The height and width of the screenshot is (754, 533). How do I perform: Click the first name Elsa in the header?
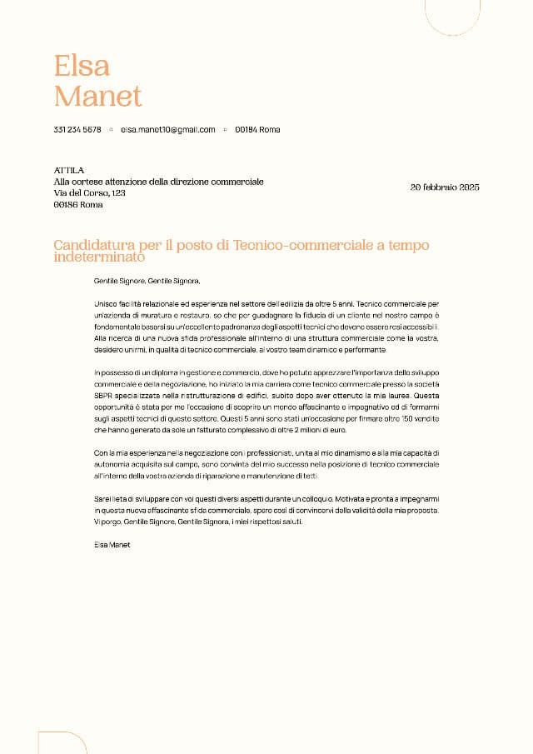[82, 65]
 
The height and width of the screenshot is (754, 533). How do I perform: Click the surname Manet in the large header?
[97, 96]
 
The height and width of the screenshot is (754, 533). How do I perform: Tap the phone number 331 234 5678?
[77, 130]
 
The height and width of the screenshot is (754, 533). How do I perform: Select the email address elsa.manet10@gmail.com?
[167, 130]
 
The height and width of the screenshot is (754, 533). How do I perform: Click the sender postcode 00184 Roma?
[257, 130]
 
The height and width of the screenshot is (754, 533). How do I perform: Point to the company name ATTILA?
[68, 170]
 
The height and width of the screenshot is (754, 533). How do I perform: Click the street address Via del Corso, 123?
[89, 192]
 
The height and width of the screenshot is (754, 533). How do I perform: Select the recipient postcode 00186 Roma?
[78, 204]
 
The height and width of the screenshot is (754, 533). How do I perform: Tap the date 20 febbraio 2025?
[445, 187]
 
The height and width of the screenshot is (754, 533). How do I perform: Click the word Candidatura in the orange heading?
[98, 245]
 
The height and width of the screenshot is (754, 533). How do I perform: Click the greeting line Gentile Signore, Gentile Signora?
[147, 282]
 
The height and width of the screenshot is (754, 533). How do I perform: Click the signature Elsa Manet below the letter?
[112, 544]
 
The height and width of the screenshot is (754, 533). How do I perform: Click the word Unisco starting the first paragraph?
[107, 306]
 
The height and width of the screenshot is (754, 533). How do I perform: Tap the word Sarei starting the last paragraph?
[104, 497]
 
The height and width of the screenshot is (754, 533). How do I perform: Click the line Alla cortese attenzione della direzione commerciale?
[158, 182]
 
